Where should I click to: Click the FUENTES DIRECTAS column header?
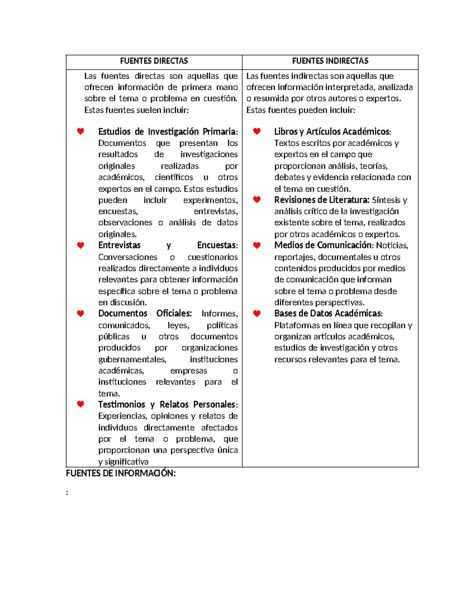click(x=154, y=61)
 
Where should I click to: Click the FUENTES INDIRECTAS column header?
click(x=330, y=61)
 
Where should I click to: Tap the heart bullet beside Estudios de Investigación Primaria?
click(x=80, y=131)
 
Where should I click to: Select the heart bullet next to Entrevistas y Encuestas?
click(x=80, y=246)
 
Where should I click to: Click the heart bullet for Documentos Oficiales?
click(x=80, y=314)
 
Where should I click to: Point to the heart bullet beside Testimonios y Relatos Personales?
click(x=80, y=404)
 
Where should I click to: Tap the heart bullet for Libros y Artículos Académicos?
click(x=257, y=131)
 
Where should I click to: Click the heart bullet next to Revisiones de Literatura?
click(x=257, y=200)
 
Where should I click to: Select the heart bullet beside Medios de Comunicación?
click(x=257, y=246)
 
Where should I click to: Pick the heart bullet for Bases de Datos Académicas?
click(x=257, y=314)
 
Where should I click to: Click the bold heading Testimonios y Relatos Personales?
click(x=167, y=404)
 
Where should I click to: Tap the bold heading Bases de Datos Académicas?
click(x=328, y=314)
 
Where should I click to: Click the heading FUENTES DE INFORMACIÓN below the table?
click(x=121, y=473)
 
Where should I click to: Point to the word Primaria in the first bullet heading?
click(x=220, y=131)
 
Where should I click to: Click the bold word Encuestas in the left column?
click(x=217, y=246)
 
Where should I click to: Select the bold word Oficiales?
click(x=174, y=314)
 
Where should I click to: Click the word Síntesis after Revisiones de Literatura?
click(x=386, y=200)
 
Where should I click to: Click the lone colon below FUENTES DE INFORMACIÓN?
click(x=67, y=493)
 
